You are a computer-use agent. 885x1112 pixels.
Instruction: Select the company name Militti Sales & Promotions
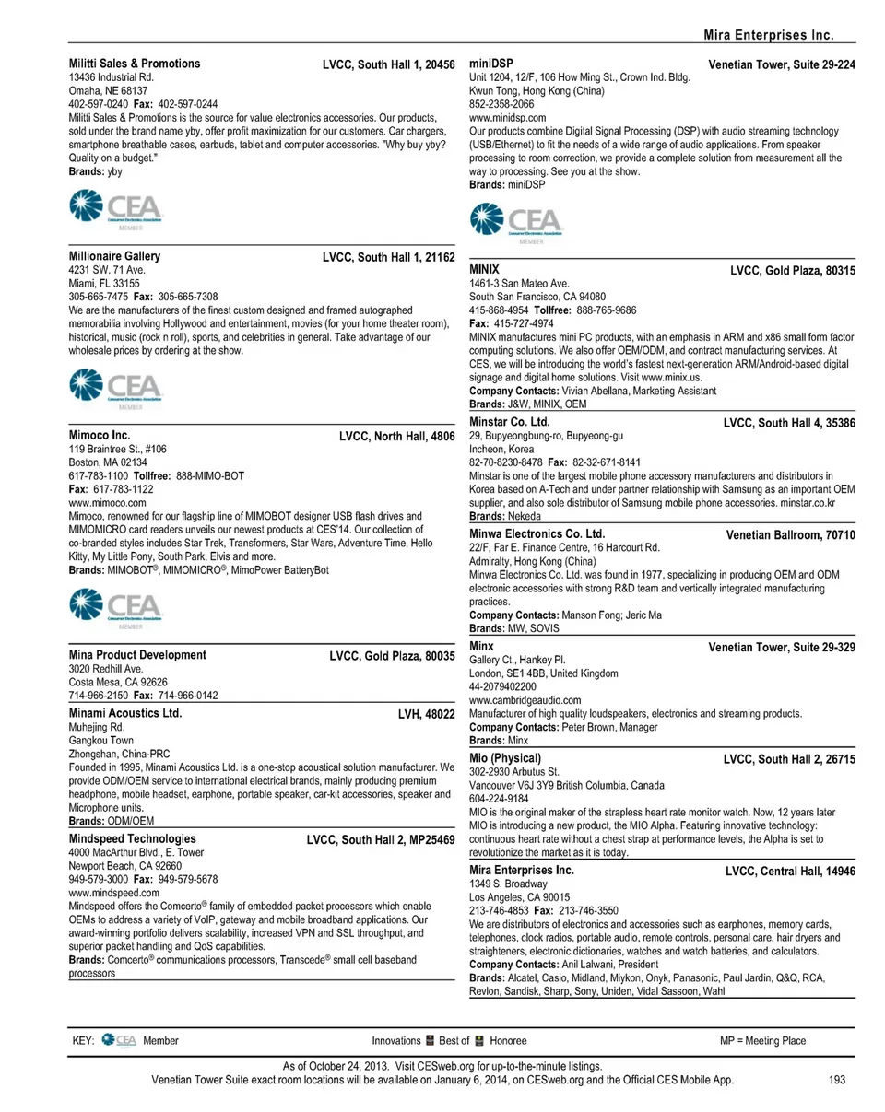[x=135, y=64]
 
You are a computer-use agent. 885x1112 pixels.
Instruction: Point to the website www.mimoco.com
[x=108, y=503]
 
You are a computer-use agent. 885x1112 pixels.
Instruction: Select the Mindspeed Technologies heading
[x=133, y=839]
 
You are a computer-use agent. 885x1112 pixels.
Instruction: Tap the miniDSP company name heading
[x=493, y=64]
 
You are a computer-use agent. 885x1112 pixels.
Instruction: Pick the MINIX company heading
[x=485, y=269]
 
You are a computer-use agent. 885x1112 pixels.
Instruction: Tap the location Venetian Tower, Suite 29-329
[x=782, y=648]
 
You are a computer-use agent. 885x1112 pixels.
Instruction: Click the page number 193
[x=836, y=1081]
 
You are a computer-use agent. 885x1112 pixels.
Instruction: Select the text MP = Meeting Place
[x=762, y=1041]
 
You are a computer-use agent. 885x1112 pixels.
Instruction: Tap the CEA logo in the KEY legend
[x=120, y=1041]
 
